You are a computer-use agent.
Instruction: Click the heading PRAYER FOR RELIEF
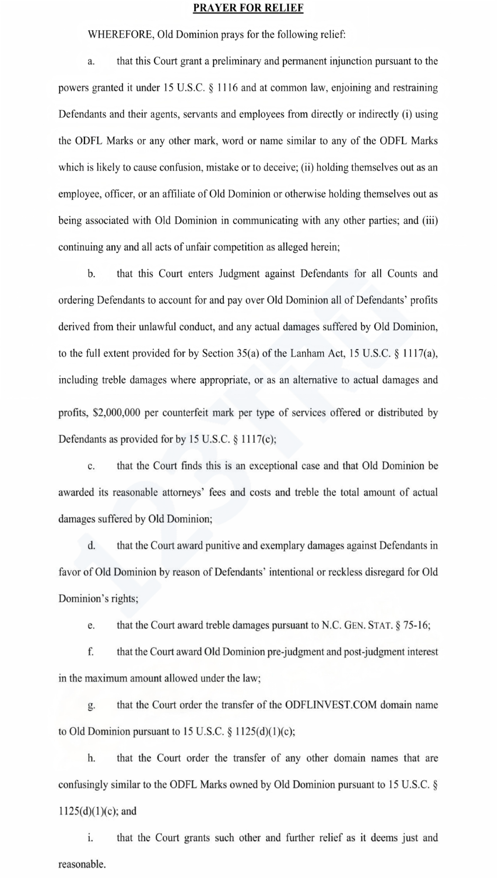click(x=248, y=8)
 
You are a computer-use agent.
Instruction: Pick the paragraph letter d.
click(x=91, y=545)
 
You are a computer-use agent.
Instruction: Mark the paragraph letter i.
click(x=90, y=838)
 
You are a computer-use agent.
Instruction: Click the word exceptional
click(x=274, y=466)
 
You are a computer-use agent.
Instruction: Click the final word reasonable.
click(x=81, y=865)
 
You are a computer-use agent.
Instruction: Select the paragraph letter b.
click(x=91, y=274)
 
